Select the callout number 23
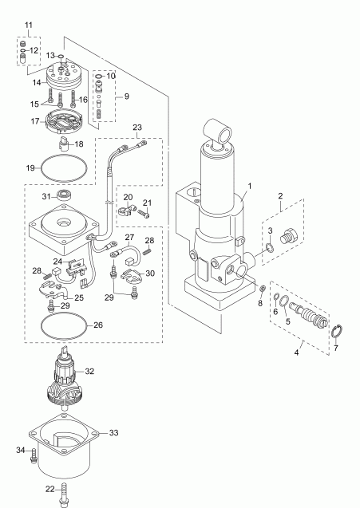click(x=136, y=127)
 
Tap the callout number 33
click(x=113, y=432)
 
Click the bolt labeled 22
click(x=62, y=494)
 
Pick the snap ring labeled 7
click(x=336, y=332)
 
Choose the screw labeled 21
click(x=145, y=214)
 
